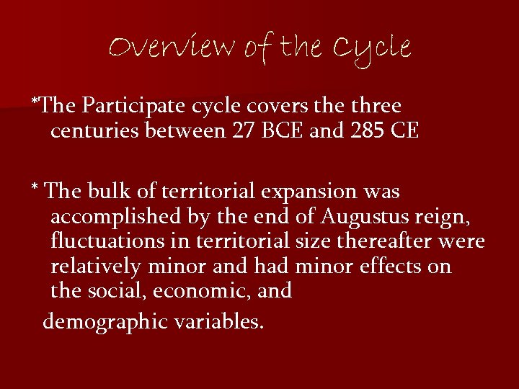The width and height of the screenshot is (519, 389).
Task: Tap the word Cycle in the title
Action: pos(372,49)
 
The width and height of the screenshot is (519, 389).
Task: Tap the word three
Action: pos(374,106)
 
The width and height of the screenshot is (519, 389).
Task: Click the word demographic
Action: pos(106,321)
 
